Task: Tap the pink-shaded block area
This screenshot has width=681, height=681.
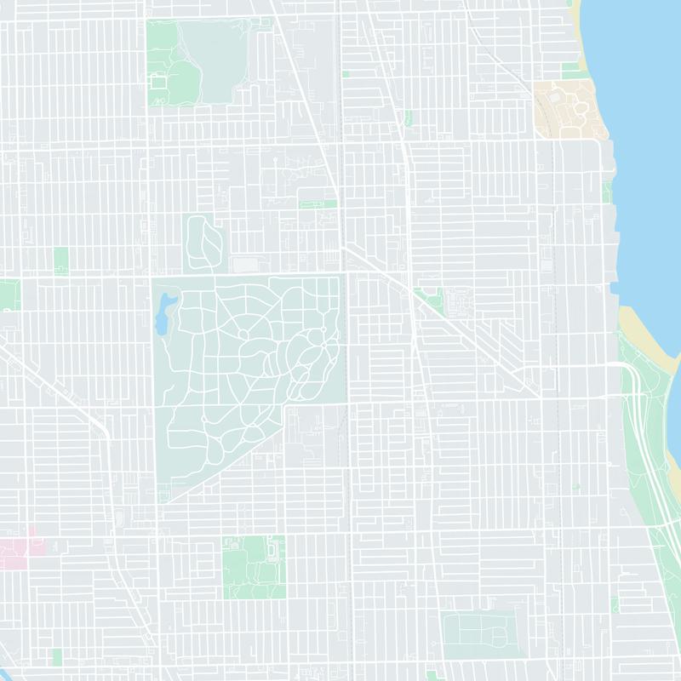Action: [x=24, y=552]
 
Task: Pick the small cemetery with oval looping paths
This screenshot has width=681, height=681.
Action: [x=203, y=243]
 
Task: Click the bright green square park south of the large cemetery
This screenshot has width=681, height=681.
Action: [x=253, y=567]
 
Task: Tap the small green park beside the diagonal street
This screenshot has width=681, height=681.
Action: [x=432, y=300]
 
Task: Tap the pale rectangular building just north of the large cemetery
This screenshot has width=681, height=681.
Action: [x=245, y=264]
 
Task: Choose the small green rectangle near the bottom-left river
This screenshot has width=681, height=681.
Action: [x=57, y=656]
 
